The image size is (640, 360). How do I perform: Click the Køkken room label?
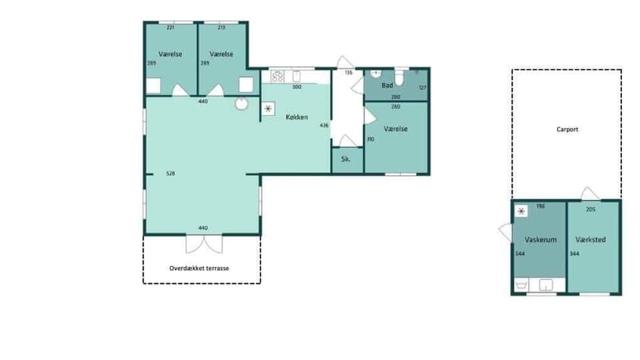[x=297, y=117]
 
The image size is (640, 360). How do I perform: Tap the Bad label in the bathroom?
[x=387, y=86]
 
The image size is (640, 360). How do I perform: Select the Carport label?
[x=567, y=129]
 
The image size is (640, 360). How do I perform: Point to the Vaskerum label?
[x=540, y=239]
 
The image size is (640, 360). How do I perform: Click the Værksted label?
[x=591, y=239]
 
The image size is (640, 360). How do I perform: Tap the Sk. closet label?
[x=346, y=160]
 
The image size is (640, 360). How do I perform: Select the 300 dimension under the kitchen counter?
[x=297, y=87]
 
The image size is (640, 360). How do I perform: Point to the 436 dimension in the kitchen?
[x=325, y=125]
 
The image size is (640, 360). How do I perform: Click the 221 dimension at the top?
[x=170, y=27]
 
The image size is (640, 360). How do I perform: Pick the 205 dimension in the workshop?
[x=590, y=209]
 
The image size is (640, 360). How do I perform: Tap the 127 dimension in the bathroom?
[x=422, y=87]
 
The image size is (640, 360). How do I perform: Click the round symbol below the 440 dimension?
[x=241, y=104]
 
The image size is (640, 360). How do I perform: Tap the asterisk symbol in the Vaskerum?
[x=521, y=210]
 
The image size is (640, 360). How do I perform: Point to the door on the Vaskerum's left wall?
[x=505, y=231]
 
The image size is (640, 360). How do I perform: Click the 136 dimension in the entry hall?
[x=348, y=72]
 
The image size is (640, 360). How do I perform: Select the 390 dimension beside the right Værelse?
[x=371, y=139]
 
